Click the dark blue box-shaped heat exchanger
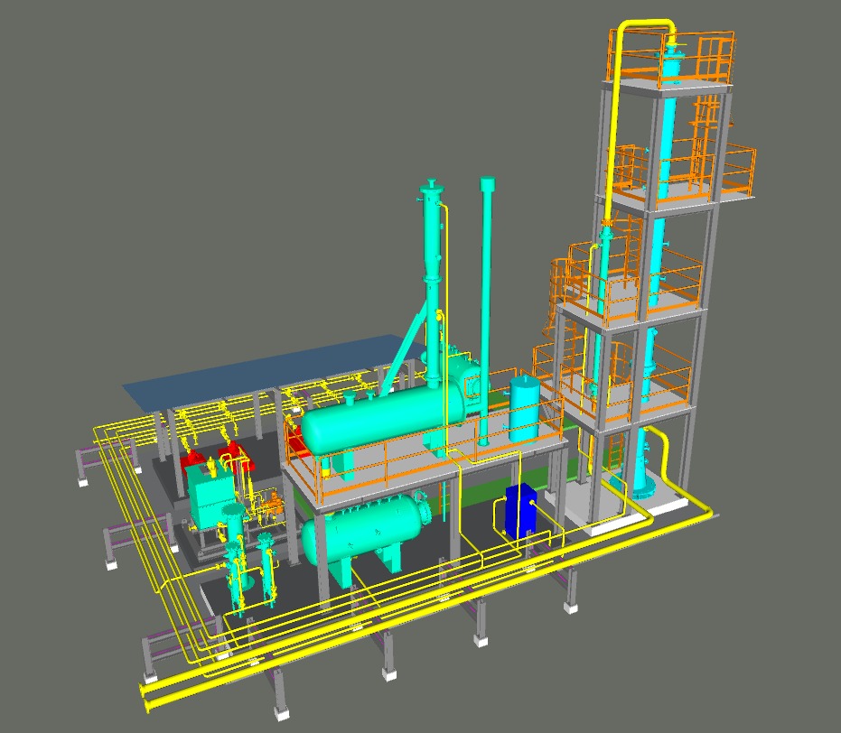pos(519,510)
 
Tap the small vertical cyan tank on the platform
pos(524,408)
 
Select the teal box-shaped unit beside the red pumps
pos(210,496)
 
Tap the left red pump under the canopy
pos(192,462)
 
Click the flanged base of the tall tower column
pos(643,489)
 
